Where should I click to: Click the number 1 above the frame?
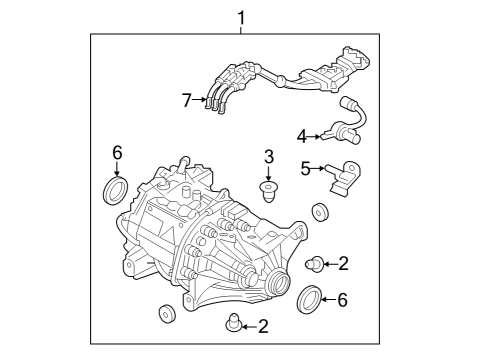(240, 17)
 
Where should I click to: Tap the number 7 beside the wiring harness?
(186, 100)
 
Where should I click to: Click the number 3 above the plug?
(267, 156)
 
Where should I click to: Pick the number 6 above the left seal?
(117, 152)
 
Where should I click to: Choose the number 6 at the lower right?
(343, 298)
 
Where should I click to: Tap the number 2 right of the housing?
(343, 264)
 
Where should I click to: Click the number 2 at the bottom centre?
(262, 325)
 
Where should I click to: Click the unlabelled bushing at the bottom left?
(166, 315)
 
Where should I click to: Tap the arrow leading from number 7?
(199, 100)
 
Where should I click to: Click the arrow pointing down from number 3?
(268, 174)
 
